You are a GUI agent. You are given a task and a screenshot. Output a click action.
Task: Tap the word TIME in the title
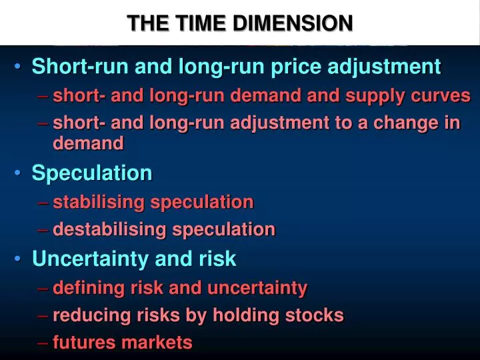(x=205, y=23)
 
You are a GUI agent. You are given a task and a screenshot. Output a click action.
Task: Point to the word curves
(x=443, y=96)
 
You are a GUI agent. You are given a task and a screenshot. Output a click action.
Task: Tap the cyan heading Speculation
(x=92, y=173)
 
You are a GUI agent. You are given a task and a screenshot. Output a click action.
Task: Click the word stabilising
(x=100, y=202)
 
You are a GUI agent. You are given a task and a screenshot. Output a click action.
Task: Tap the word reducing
(x=86, y=316)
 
